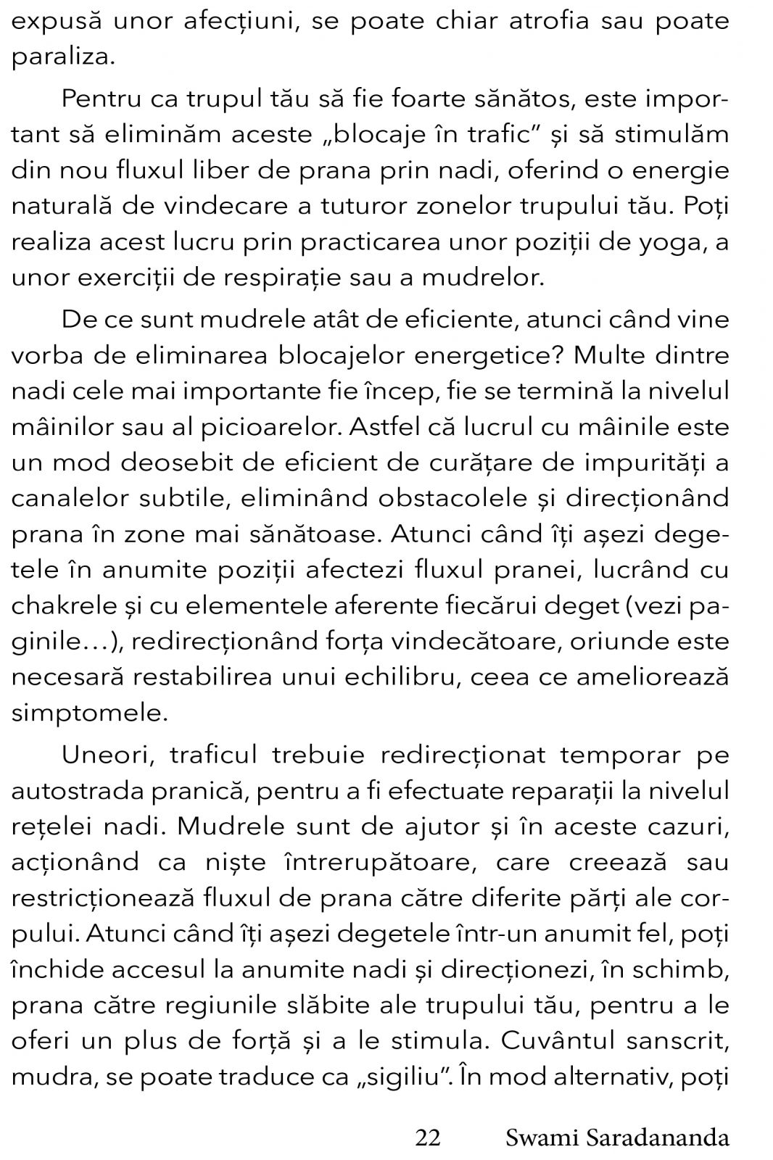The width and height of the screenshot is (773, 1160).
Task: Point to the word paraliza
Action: [x=62, y=57]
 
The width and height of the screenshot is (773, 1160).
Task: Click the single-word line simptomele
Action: [x=88, y=713]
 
